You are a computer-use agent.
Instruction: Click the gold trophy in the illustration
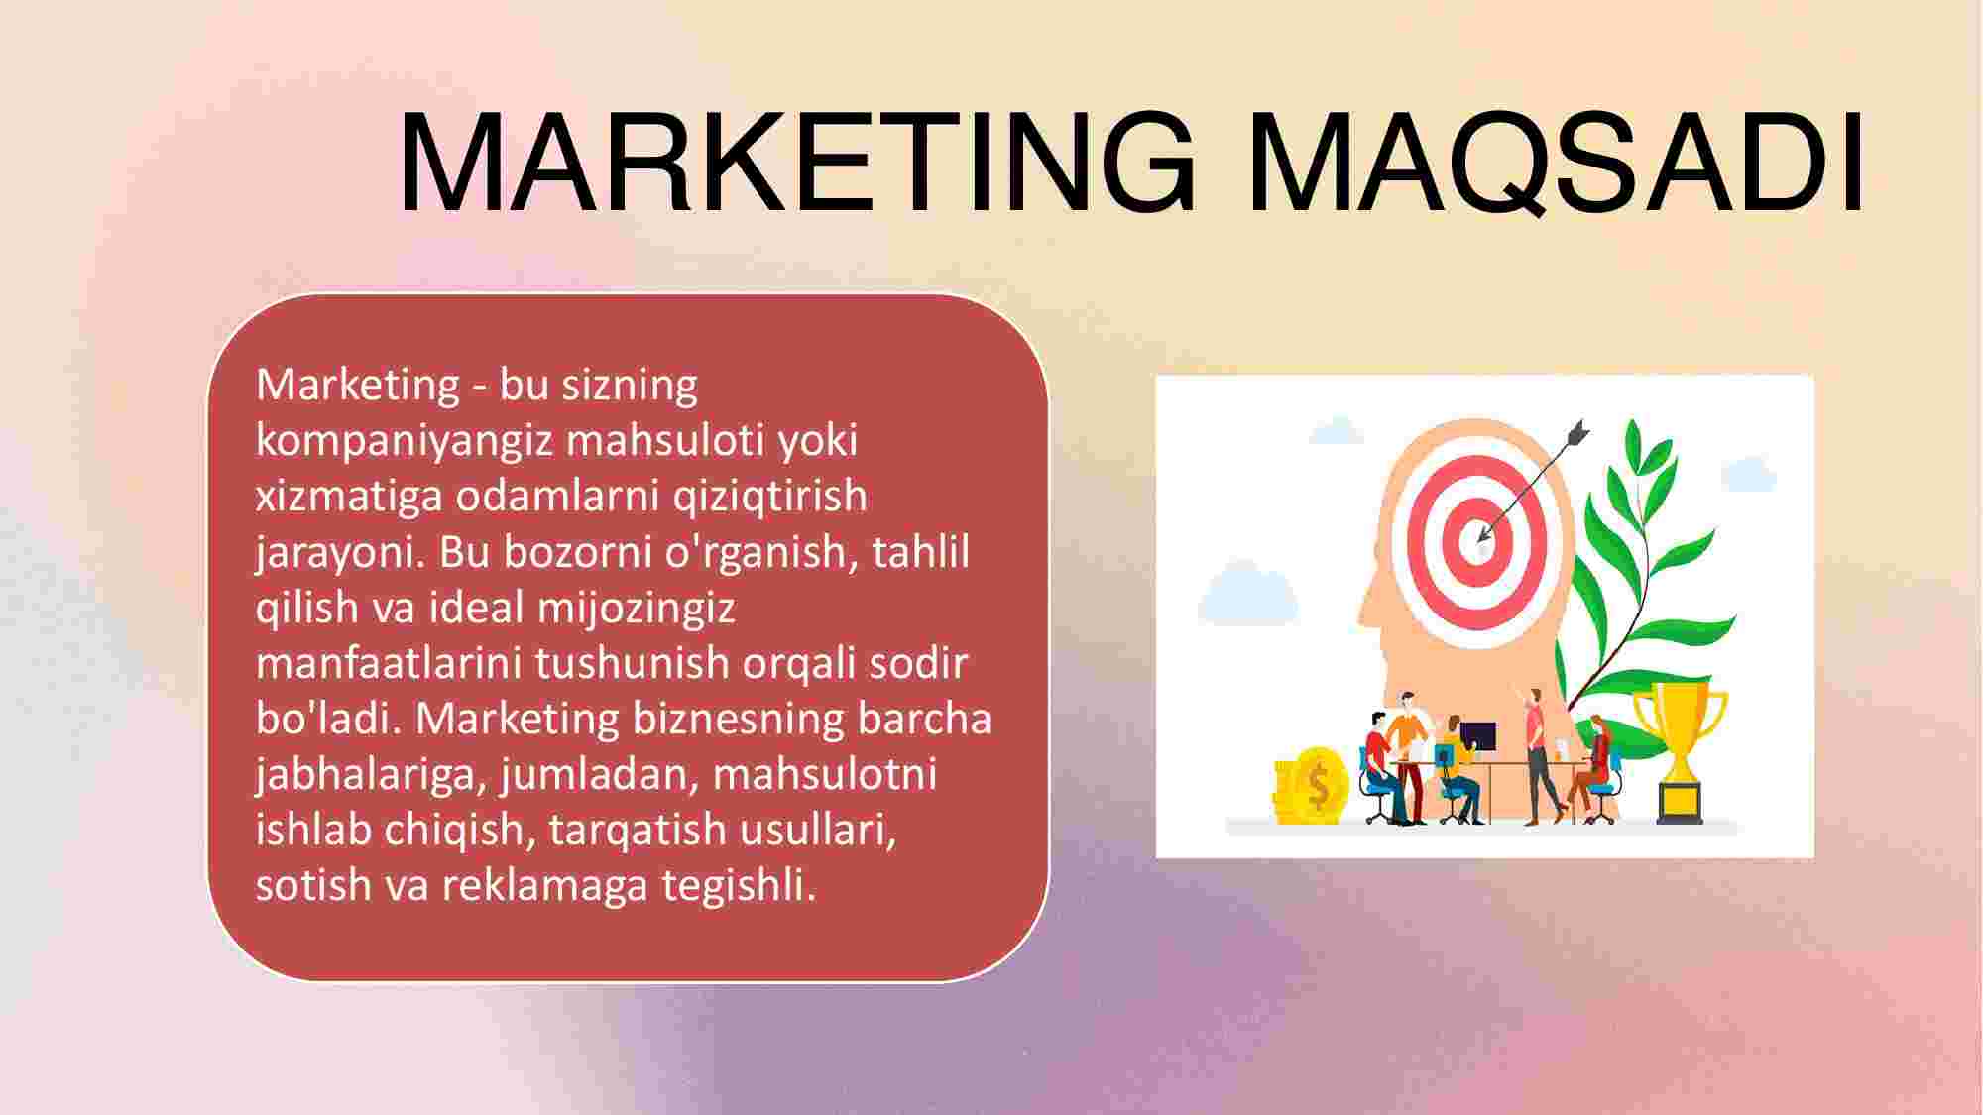(1680, 753)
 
